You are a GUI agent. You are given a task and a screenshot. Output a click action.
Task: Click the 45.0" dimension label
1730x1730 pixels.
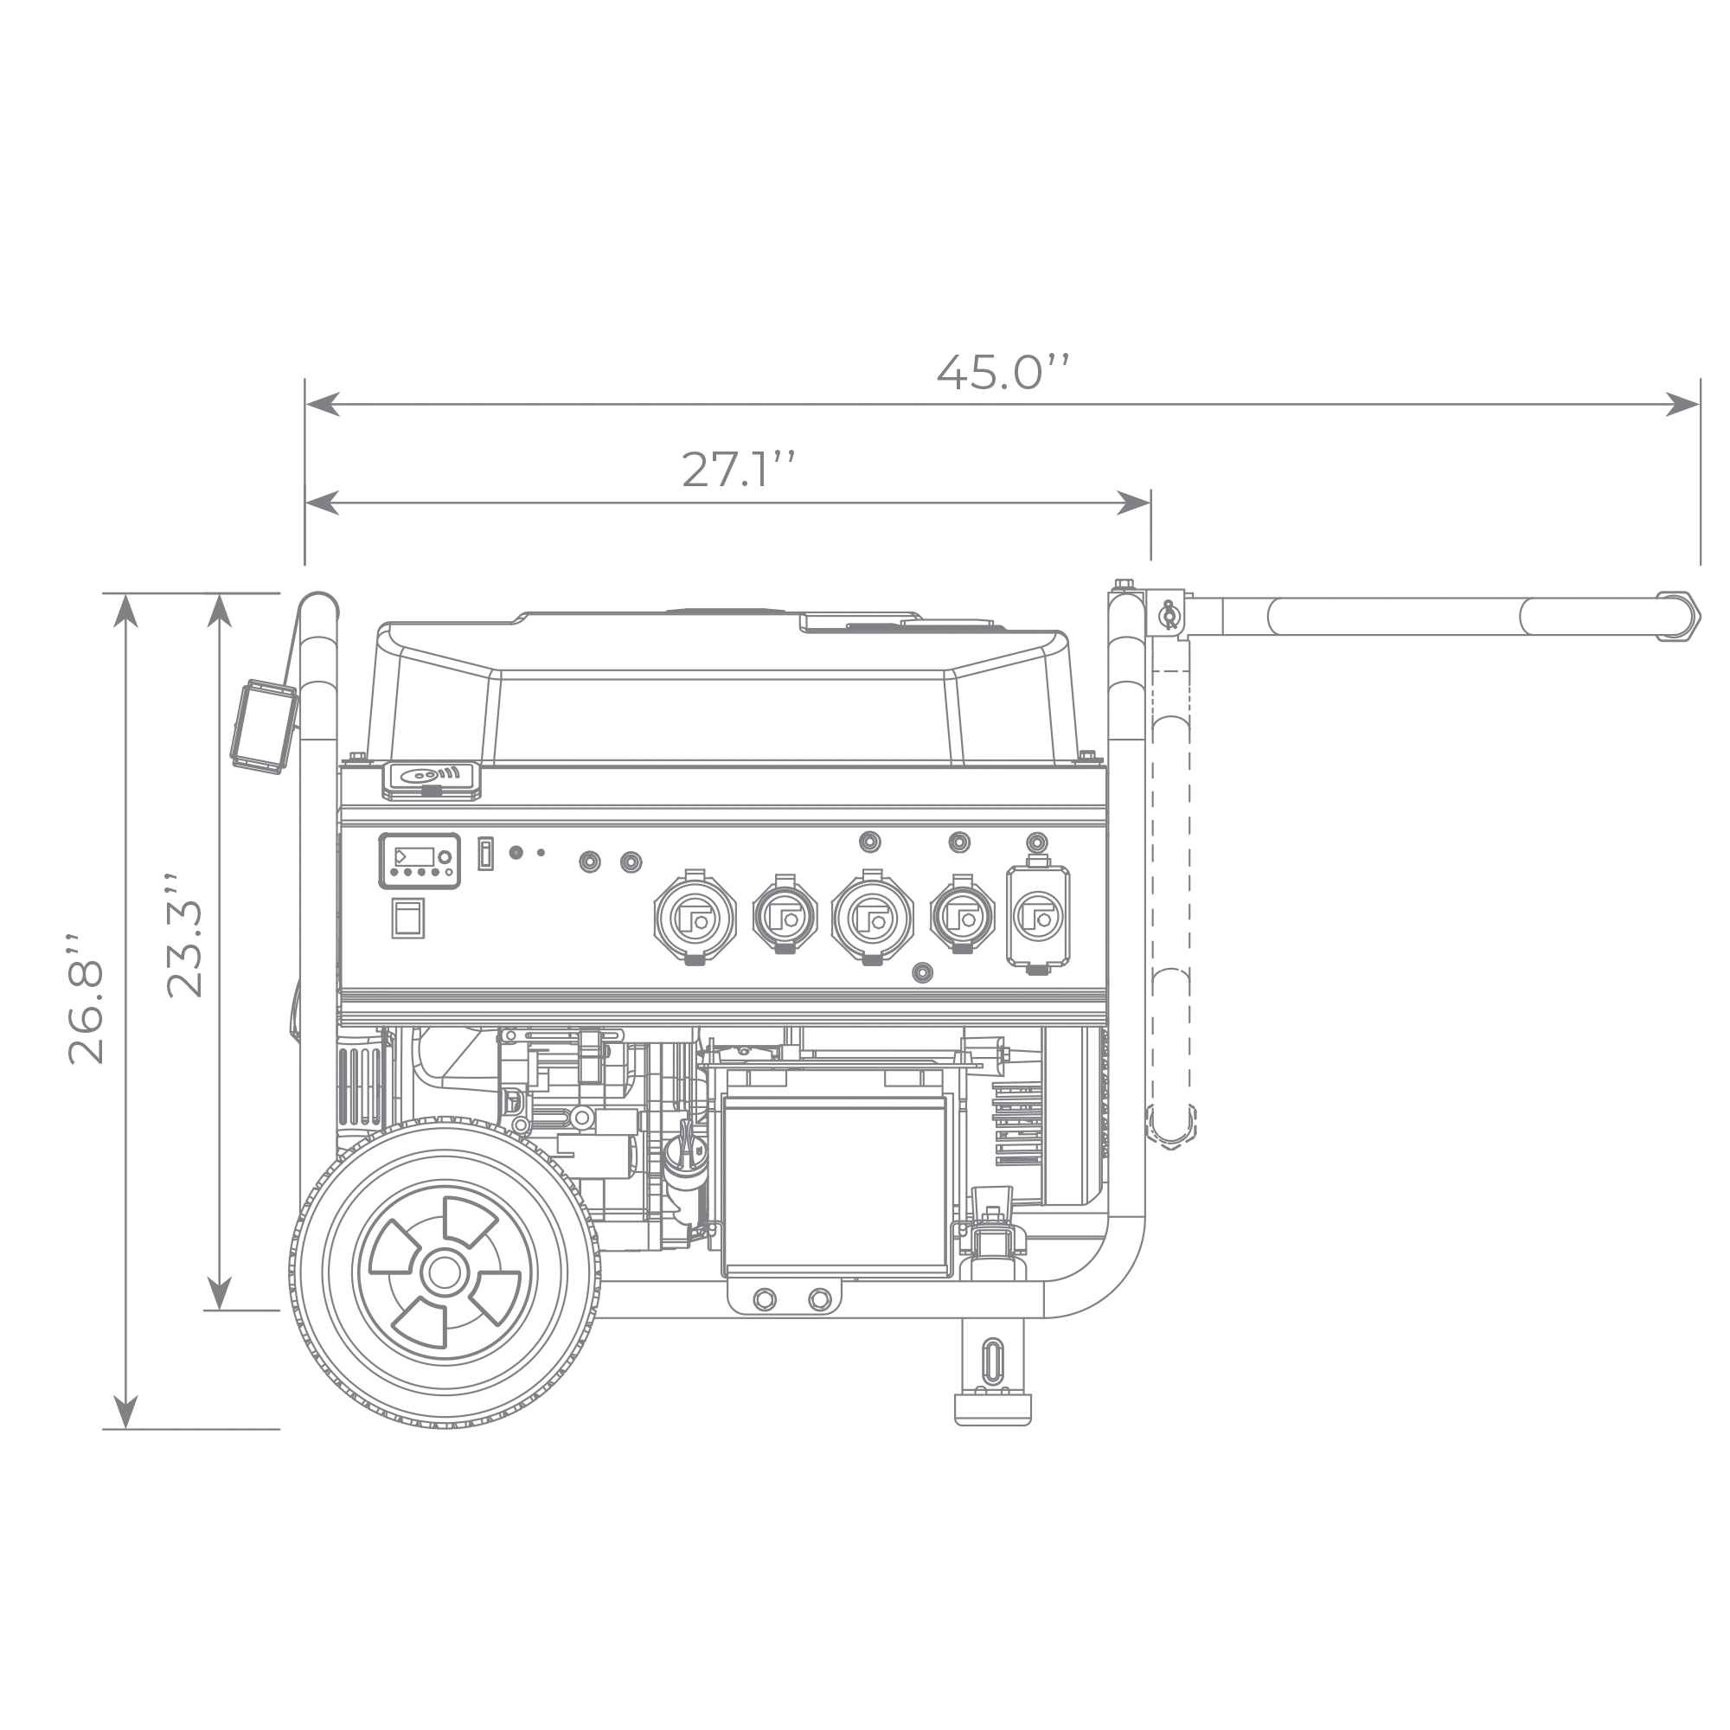pos(1002,374)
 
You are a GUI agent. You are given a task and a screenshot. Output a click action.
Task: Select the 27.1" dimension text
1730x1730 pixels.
pos(736,471)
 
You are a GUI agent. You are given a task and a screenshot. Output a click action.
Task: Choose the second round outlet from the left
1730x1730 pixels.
pos(785,913)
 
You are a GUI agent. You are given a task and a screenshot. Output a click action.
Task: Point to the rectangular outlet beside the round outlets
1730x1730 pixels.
pos(1037,918)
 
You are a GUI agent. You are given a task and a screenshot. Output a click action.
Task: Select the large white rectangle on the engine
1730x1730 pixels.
pos(833,1186)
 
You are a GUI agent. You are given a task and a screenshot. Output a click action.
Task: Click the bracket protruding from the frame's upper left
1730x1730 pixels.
pos(260,726)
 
